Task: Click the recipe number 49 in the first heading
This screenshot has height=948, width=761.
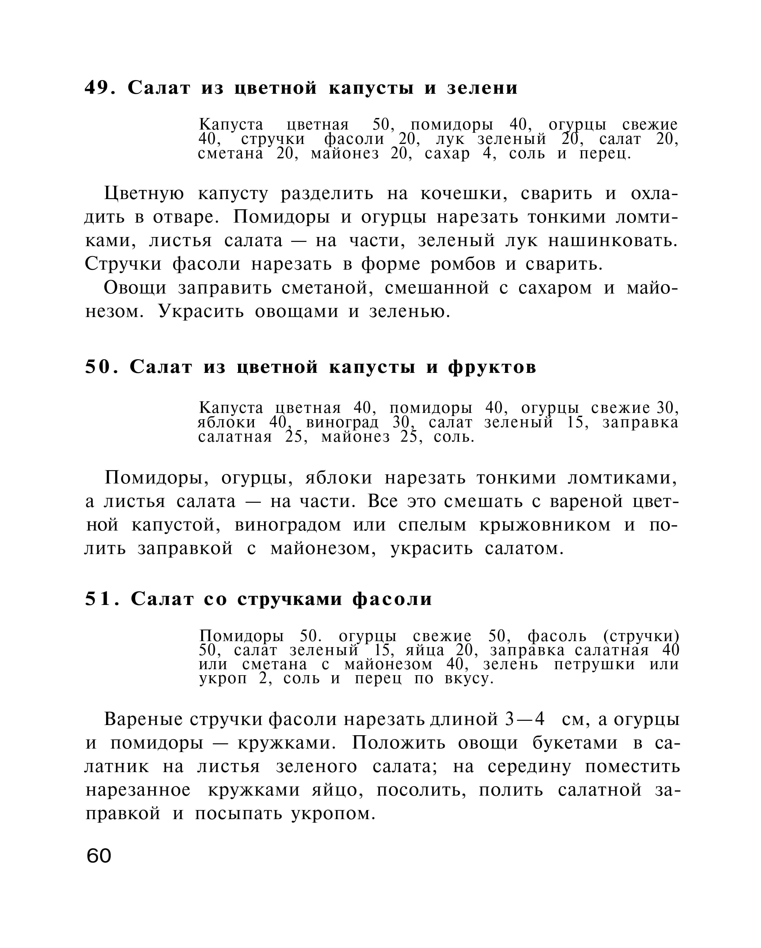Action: tap(96, 88)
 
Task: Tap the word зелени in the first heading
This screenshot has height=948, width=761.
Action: tap(482, 88)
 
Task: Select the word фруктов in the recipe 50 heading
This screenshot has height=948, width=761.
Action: tap(492, 367)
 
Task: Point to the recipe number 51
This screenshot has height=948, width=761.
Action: tap(97, 599)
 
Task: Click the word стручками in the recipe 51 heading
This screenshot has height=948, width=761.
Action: tap(289, 599)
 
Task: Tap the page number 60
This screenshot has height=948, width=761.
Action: tap(99, 856)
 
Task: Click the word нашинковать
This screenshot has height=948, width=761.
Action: tap(612, 241)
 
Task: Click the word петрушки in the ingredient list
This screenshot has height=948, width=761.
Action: tap(594, 664)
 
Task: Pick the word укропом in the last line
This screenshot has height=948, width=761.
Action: tap(333, 814)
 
